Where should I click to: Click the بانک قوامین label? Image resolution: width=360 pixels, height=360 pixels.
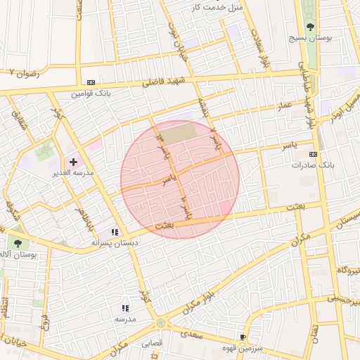click(91, 93)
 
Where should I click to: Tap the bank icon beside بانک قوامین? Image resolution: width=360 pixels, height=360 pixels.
click(91, 82)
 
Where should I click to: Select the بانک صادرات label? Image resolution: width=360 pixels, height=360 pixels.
click(313, 165)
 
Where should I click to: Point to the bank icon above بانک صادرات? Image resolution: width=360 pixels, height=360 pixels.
click(313, 155)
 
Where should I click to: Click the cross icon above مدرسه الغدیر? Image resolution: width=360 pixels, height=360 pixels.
click(73, 162)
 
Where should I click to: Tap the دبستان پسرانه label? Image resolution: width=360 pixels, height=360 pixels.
click(112, 243)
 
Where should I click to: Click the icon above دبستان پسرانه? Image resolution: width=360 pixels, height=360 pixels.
click(114, 232)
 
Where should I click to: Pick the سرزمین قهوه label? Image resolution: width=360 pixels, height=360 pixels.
click(243, 347)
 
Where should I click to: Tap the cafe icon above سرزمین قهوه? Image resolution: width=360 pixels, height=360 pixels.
click(243, 337)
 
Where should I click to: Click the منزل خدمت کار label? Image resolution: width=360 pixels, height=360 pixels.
click(217, 7)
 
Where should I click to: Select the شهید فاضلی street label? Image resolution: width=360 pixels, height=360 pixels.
click(160, 82)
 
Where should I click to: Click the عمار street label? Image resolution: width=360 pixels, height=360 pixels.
click(283, 104)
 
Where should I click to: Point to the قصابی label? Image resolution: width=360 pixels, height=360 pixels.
click(152, 345)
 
